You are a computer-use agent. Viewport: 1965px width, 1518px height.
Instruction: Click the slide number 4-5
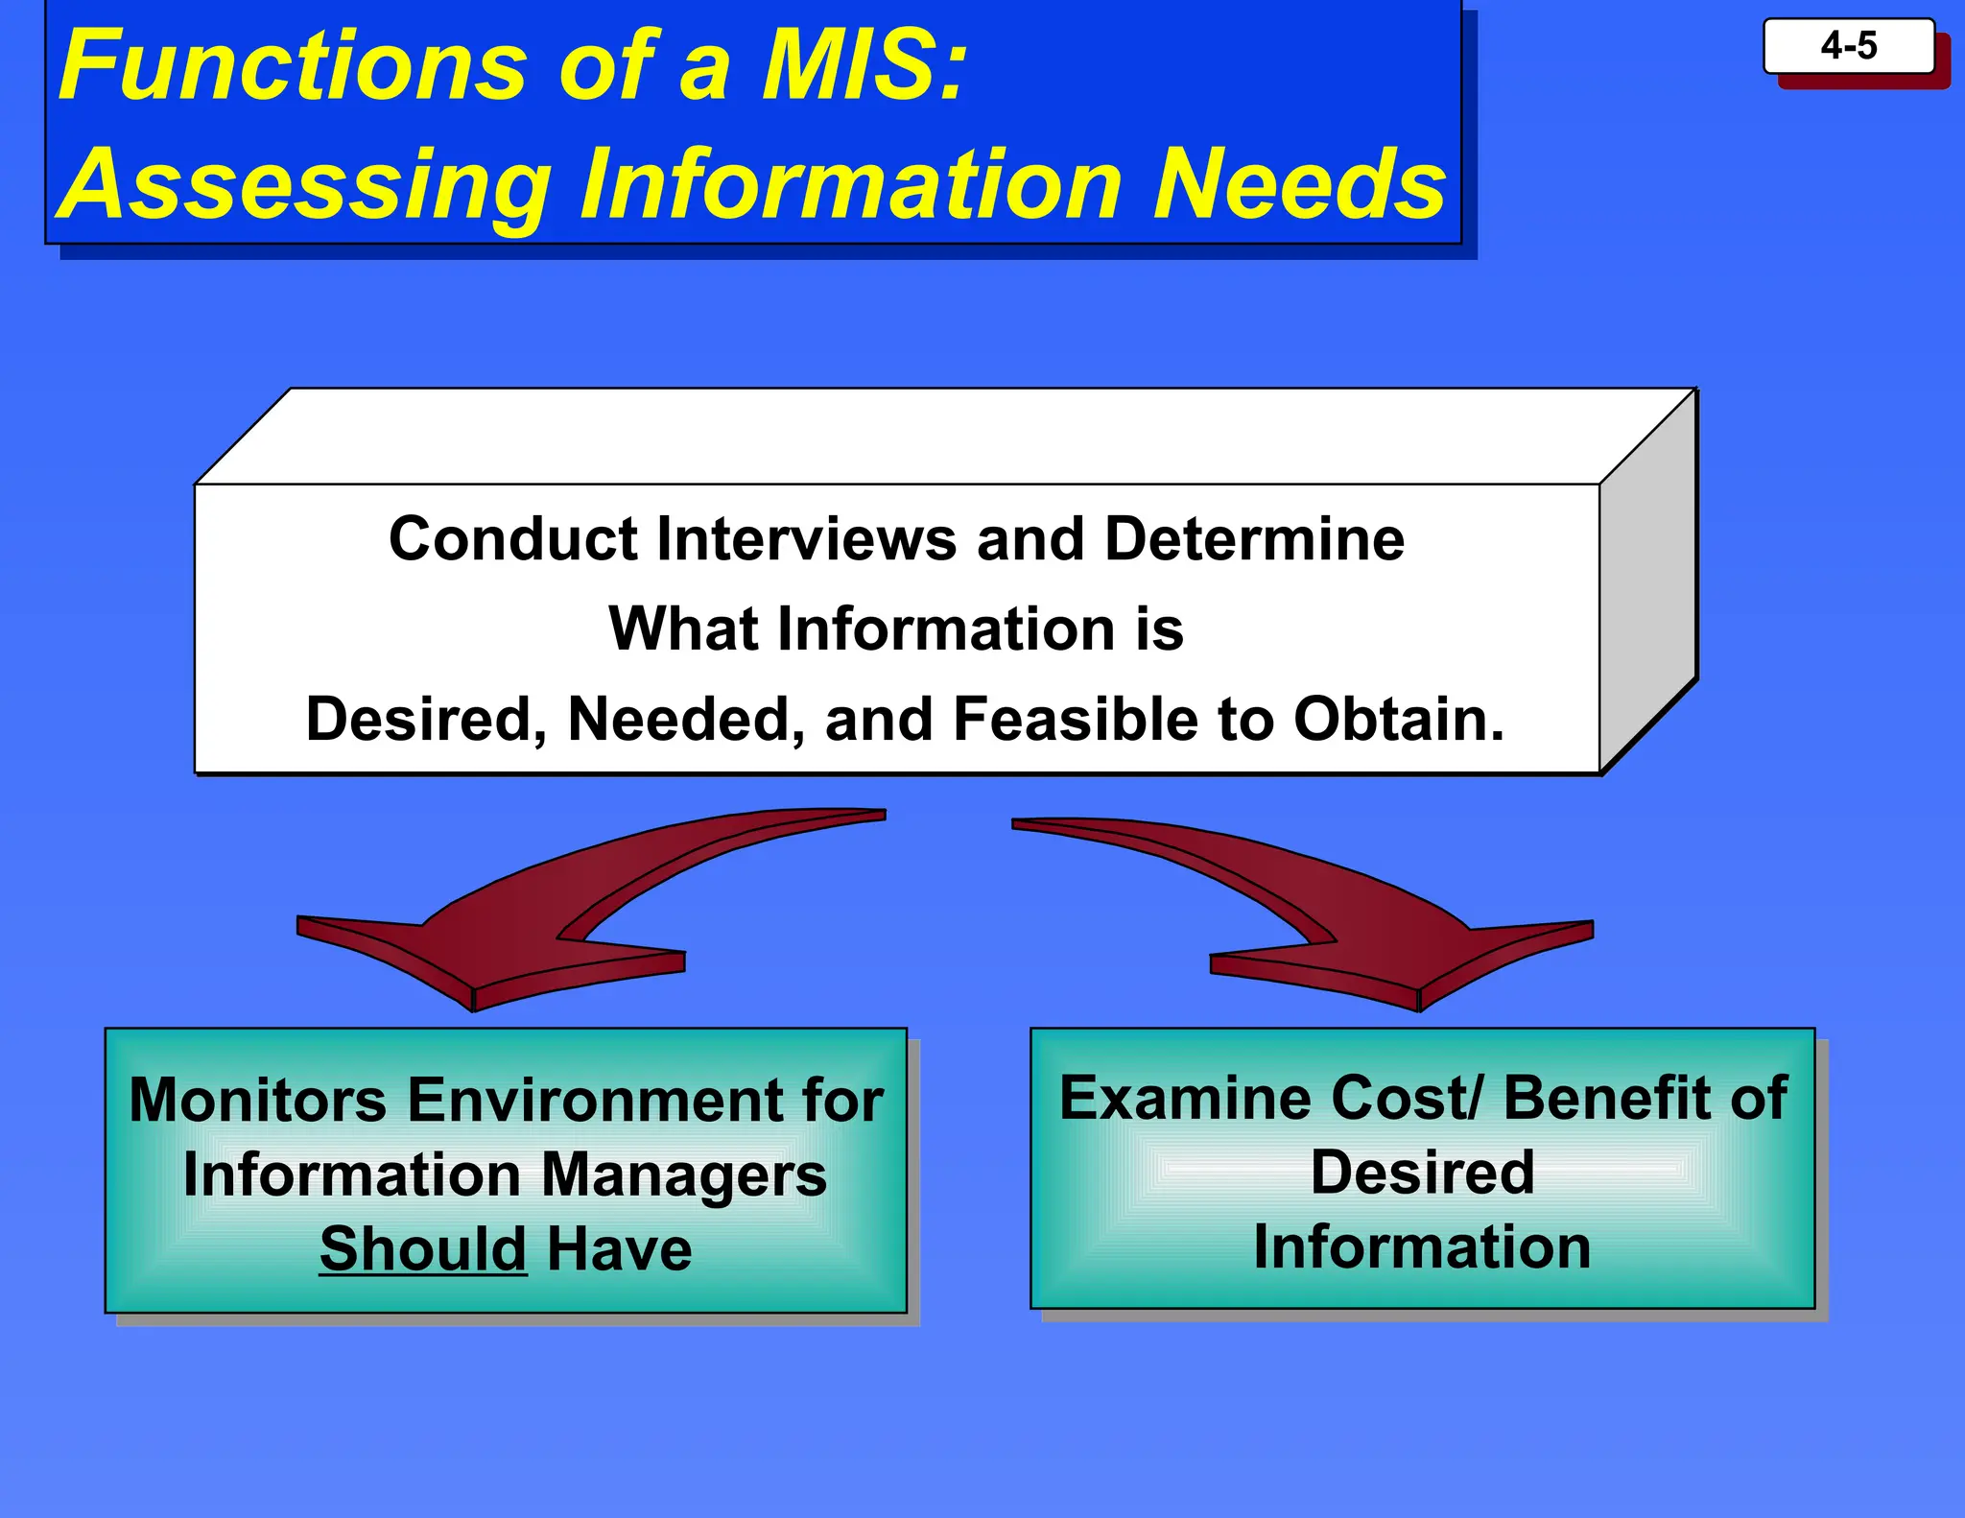coord(1848,46)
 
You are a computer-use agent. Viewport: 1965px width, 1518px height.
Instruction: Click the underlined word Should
coord(423,1249)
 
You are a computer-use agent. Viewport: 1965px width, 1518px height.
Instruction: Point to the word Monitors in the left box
coord(257,1100)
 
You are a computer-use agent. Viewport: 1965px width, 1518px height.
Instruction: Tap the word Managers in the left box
coord(683,1175)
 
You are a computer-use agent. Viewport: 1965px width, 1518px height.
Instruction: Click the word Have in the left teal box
coord(619,1249)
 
